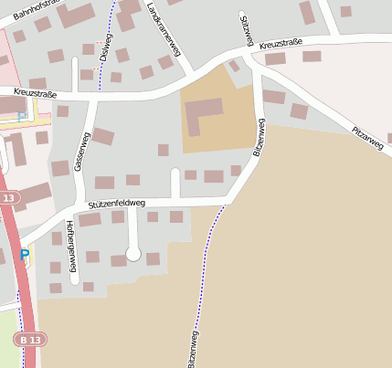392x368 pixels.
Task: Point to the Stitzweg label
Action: click(246, 30)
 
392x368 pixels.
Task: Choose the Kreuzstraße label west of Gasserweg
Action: click(36, 93)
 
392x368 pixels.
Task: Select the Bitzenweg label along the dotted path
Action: click(192, 348)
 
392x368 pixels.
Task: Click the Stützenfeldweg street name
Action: click(116, 204)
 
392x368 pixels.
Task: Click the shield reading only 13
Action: click(9, 198)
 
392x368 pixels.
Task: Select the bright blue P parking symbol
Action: click(25, 255)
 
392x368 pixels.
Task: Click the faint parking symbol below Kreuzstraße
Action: click(22, 116)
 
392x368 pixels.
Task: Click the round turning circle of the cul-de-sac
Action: click(133, 254)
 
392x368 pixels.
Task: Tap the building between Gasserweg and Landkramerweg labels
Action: click(103, 137)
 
